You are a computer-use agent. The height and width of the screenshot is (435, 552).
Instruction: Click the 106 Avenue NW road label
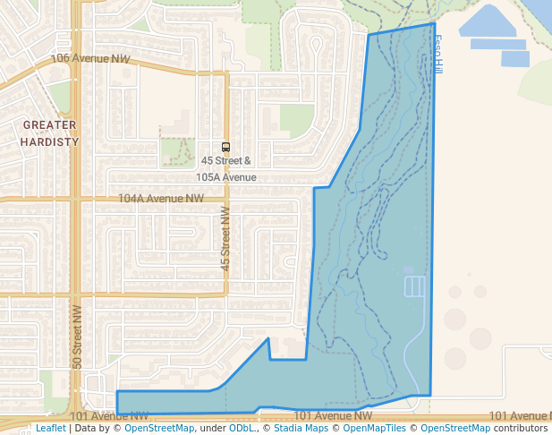[91, 58]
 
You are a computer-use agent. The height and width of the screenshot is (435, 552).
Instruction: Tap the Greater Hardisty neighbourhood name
[50, 133]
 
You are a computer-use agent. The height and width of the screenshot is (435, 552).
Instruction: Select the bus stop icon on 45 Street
[225, 147]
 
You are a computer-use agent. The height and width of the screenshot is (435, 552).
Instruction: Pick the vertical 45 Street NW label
[225, 239]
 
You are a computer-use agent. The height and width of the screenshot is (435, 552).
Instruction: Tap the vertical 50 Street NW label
[77, 337]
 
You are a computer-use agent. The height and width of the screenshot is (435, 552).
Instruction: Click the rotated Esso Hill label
[437, 55]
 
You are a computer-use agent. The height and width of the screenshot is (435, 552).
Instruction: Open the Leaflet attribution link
[50, 428]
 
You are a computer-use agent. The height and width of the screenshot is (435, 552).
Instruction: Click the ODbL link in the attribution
[241, 428]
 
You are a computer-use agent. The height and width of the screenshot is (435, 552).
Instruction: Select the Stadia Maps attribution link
[299, 428]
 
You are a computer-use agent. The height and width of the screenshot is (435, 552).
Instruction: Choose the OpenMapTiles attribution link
[376, 428]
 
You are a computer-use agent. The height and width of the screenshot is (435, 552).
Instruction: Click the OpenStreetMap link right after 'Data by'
[159, 428]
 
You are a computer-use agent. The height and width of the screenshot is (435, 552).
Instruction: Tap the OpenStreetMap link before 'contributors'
[457, 428]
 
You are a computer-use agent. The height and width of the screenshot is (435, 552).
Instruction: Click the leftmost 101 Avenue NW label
[115, 416]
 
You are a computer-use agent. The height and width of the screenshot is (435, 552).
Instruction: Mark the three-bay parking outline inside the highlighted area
[415, 286]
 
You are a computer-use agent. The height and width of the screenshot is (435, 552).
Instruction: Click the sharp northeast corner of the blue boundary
[434, 23]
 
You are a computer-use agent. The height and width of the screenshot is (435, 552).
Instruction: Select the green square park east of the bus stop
[297, 121]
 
